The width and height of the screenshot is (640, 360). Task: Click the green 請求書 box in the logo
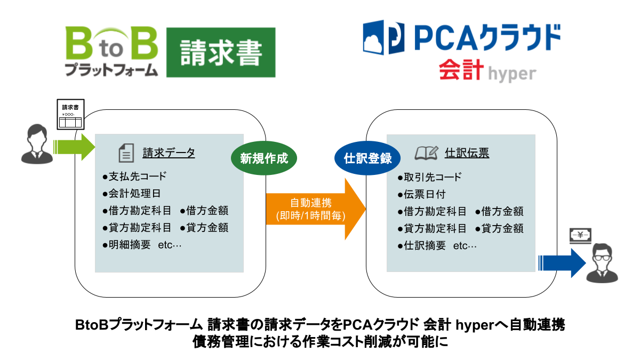pyautogui.click(x=221, y=52)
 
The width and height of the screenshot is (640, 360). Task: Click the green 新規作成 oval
pyautogui.click(x=263, y=158)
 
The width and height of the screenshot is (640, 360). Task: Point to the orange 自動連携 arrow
pyautogui.click(x=315, y=210)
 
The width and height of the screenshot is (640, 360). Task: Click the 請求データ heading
pyautogui.click(x=169, y=153)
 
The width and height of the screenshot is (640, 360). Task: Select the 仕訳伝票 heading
pyautogui.click(x=467, y=154)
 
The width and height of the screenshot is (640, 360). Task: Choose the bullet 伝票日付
pyautogui.click(x=424, y=194)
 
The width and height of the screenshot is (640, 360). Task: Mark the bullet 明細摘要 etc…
pyautogui.click(x=141, y=246)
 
